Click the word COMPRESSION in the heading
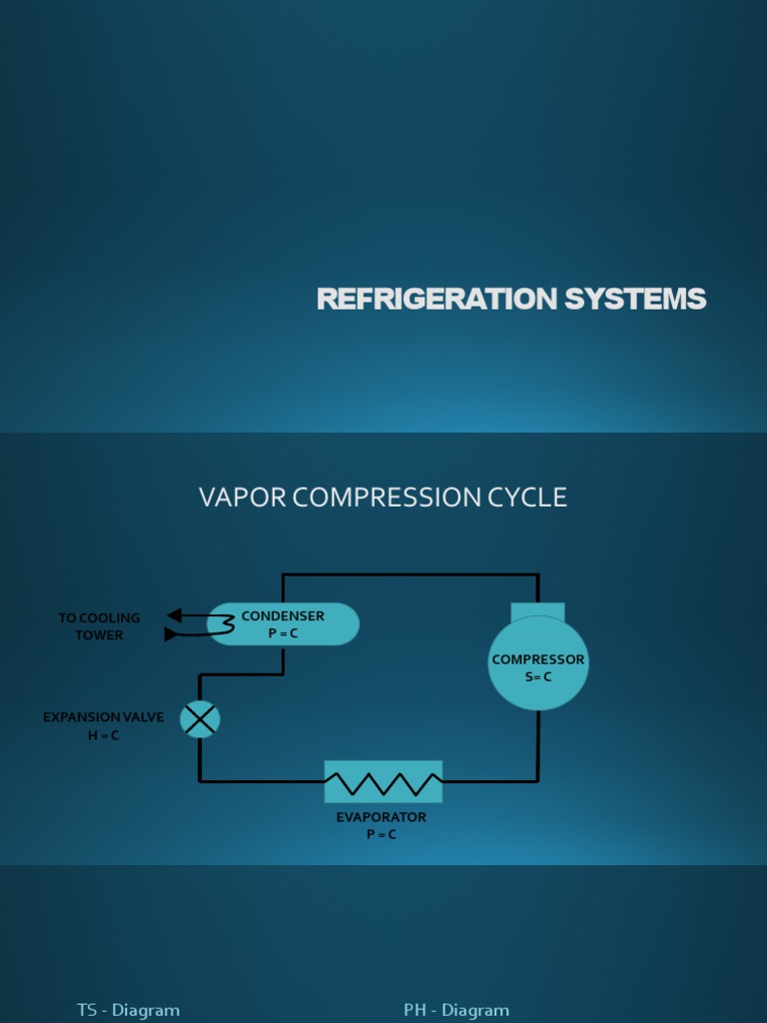tap(386, 498)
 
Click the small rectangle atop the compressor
tap(537, 610)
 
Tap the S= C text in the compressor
tap(537, 677)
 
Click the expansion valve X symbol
tap(200, 719)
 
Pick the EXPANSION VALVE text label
tap(103, 717)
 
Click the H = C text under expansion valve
tap(103, 735)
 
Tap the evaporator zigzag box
tap(383, 781)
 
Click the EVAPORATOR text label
tap(381, 817)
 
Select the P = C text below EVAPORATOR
tap(381, 834)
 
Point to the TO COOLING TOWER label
tap(99, 626)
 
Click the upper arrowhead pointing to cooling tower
tap(174, 615)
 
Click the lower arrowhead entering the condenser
tap(170, 633)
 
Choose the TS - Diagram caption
tap(128, 1010)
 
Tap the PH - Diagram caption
tap(456, 1010)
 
